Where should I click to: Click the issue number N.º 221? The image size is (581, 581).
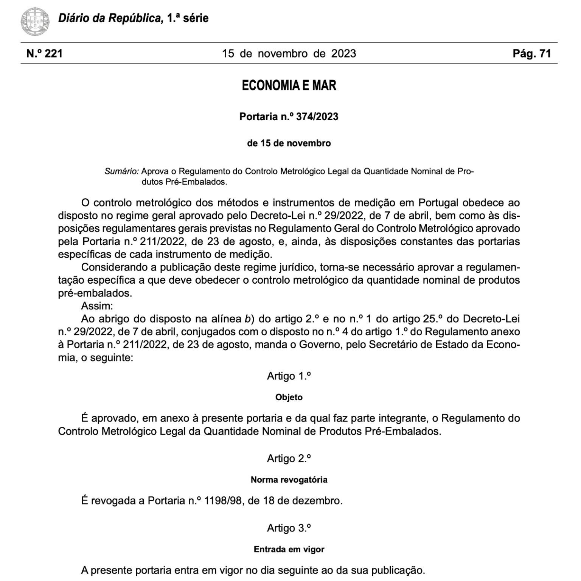(44, 53)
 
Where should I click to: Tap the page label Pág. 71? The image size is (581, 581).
(531, 53)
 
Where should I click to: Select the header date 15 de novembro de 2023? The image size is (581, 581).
(289, 53)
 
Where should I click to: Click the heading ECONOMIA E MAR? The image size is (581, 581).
(289, 85)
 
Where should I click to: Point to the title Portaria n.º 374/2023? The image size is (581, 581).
(289, 117)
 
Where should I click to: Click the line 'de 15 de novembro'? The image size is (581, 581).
(289, 143)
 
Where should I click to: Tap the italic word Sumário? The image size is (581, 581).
(121, 171)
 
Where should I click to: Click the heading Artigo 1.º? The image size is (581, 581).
(289, 376)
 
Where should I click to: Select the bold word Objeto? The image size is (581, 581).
(289, 397)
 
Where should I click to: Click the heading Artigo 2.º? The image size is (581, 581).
(289, 458)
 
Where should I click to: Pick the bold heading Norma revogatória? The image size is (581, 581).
(289, 480)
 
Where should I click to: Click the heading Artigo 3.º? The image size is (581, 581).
(289, 528)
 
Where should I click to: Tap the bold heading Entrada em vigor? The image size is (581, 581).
(289, 549)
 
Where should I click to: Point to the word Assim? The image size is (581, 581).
(97, 306)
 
